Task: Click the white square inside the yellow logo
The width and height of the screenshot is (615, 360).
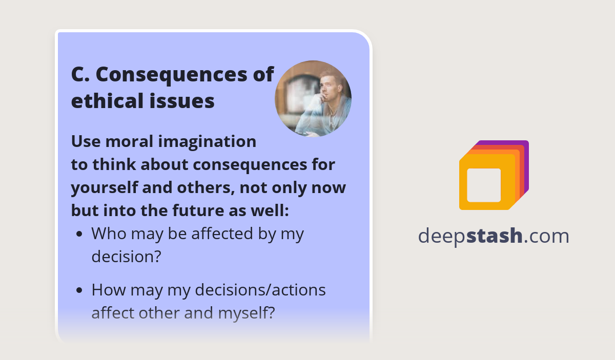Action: (x=484, y=185)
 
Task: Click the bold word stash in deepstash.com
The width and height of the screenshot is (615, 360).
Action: (x=495, y=236)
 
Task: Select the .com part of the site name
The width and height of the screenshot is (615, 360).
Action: (x=546, y=236)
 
